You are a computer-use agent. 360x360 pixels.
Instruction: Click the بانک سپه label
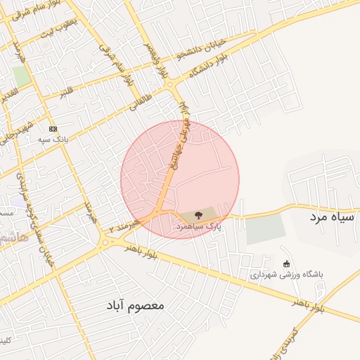coord(53,140)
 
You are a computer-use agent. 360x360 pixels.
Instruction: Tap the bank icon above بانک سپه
coord(53,129)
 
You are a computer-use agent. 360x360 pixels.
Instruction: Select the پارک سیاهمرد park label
coord(198,228)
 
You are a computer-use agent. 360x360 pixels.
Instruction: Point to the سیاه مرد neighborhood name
coord(332,218)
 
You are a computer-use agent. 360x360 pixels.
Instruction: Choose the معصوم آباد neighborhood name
coord(136,306)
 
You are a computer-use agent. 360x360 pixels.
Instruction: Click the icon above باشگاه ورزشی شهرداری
coord(286,264)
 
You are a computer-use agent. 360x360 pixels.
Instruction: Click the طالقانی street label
coord(139,105)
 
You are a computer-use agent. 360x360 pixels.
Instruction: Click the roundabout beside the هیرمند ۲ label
coord(105,242)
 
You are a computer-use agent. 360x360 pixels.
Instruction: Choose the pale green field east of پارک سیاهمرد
coord(266,229)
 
